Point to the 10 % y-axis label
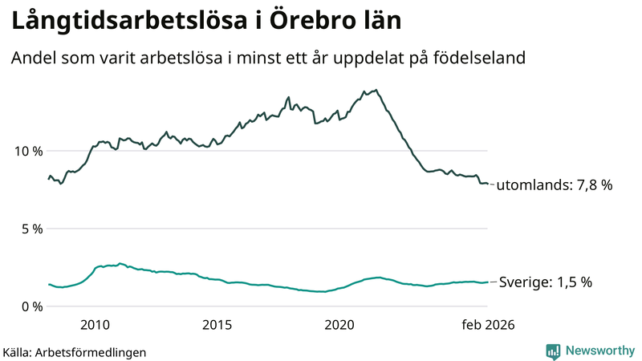[x=27, y=152]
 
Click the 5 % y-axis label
[x=31, y=229]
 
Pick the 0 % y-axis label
[x=31, y=306]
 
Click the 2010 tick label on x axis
[x=95, y=325]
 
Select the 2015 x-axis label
[x=217, y=325]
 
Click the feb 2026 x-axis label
[x=486, y=325]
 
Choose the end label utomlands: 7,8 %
[x=555, y=185]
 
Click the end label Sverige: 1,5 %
[x=546, y=282]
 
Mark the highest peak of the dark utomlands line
[x=376, y=90]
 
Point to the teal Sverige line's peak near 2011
[x=120, y=263]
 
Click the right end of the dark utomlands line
[x=488, y=184]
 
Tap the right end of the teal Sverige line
[x=488, y=282]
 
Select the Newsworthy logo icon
[x=553, y=351]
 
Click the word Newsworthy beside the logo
[x=599, y=351]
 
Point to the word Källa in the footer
[x=17, y=352]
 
